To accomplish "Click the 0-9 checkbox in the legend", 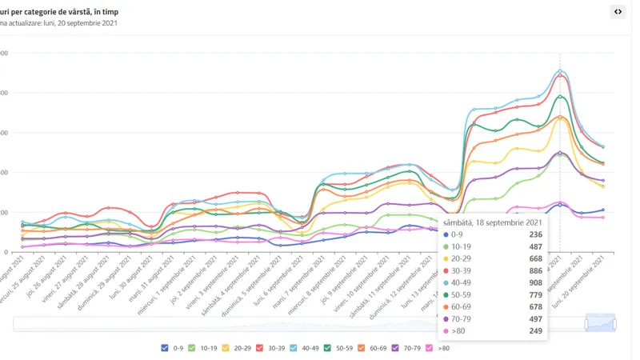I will coord(165,348).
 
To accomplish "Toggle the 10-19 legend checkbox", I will coord(192,348).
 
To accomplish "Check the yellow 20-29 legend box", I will coord(226,348).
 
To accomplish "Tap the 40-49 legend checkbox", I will coord(294,348).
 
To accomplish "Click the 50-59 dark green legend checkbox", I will coord(328,348).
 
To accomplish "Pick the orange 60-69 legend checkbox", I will coord(362,348).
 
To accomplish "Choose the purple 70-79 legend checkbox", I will coord(395,348).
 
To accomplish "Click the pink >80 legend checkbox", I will coord(430,348).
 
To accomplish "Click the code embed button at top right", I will coord(618,11).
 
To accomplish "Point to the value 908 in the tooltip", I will coord(535,283).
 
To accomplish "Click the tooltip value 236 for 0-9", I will coord(535,235).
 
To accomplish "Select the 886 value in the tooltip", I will coord(535,271).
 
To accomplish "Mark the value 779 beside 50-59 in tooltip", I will coord(535,295).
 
